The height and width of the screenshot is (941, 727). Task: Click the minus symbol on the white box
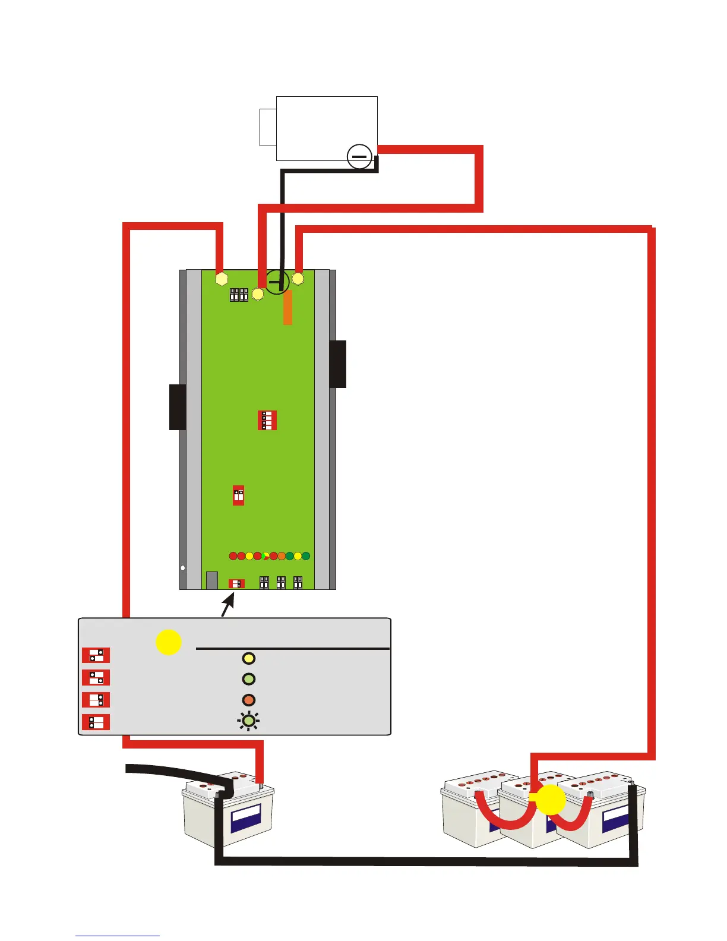[359, 157]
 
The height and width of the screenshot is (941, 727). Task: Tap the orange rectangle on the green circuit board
[287, 307]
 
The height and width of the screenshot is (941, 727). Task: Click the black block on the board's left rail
[178, 407]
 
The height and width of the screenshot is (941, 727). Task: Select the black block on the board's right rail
[338, 364]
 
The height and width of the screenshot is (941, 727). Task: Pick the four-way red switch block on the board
[267, 420]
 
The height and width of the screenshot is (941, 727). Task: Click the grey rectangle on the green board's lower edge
[211, 580]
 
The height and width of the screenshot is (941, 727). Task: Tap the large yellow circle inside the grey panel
[169, 642]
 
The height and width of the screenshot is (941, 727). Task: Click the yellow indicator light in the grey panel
[249, 658]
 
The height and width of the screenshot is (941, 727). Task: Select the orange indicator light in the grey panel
[249, 700]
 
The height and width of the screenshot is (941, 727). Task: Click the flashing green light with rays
[249, 721]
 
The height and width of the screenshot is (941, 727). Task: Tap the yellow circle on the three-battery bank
[551, 800]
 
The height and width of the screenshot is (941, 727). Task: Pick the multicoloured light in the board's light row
[265, 557]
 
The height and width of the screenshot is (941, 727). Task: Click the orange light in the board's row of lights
[282, 557]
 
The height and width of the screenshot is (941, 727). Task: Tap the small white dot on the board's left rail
[183, 568]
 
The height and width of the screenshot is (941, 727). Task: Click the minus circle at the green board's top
[277, 282]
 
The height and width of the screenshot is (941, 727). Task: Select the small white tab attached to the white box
[268, 127]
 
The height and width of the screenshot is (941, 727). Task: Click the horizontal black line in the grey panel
[293, 649]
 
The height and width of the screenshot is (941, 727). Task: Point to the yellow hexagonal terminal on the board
[222, 278]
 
